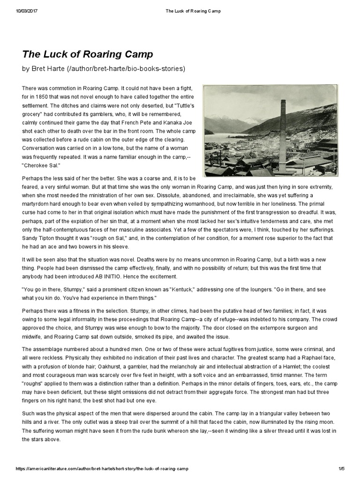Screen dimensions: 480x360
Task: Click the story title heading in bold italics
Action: pos(88,54)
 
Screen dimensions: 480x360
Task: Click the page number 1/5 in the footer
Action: pos(341,469)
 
